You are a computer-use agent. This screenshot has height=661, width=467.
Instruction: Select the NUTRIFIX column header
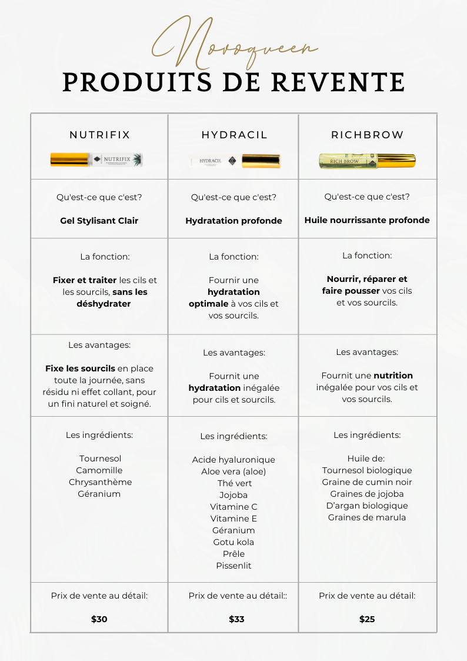point(99,135)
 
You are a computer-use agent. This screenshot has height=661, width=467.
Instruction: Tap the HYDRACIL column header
point(234,135)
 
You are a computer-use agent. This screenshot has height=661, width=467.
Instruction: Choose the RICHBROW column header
point(368,135)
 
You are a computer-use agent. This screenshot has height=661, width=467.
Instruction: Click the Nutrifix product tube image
point(96,160)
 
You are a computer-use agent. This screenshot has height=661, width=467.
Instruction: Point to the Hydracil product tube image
point(234,161)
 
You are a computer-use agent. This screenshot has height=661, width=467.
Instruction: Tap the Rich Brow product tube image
point(367,161)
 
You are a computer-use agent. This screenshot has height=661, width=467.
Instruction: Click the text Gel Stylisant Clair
point(99,221)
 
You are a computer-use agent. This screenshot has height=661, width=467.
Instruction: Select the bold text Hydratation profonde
point(233,221)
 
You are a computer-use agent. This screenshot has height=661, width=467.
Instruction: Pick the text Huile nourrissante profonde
point(367,220)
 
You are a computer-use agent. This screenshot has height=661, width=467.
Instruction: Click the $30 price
point(99,619)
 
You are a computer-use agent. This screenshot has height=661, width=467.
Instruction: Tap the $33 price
point(236,619)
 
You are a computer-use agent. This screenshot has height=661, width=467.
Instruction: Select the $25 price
point(367,619)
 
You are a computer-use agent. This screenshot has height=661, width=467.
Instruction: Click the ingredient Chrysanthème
point(99,482)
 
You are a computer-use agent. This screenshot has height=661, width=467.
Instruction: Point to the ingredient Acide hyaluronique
point(233,460)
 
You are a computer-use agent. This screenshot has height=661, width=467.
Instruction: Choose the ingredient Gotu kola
point(233,542)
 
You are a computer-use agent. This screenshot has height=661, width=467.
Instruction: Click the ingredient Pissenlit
point(233,566)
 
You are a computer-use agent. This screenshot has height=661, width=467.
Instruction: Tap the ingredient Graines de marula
point(367,517)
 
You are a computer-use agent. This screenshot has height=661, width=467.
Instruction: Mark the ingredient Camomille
point(99,470)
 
